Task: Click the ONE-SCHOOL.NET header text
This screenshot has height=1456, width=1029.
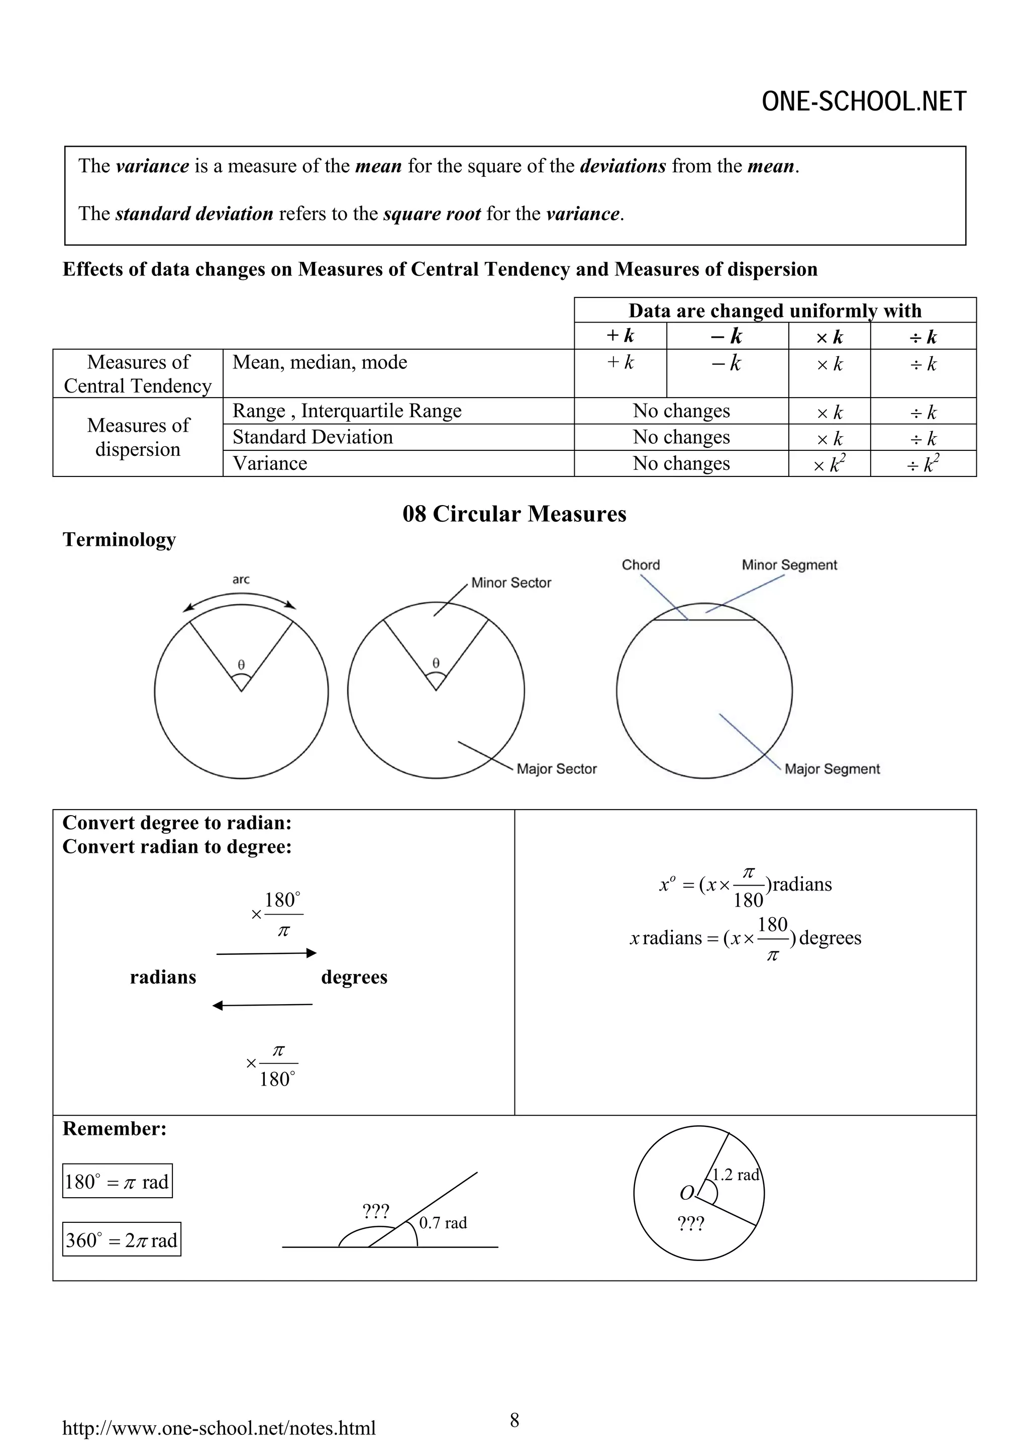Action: pos(864,102)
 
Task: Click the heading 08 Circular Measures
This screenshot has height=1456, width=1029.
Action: pos(514,514)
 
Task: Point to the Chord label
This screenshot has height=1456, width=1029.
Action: pos(640,564)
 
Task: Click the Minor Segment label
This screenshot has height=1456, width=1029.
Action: pos(789,564)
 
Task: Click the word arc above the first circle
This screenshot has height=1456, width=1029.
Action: pos(241,579)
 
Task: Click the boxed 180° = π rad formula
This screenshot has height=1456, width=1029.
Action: pos(117,1182)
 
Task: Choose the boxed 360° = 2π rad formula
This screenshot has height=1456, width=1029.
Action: pos(122,1240)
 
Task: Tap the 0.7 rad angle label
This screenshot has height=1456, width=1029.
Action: pos(443,1223)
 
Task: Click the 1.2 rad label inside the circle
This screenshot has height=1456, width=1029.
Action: pos(736,1175)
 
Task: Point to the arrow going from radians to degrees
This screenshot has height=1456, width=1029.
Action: pos(266,953)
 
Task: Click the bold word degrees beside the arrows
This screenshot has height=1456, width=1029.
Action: pos(354,977)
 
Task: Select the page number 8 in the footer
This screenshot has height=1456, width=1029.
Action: pos(514,1420)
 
